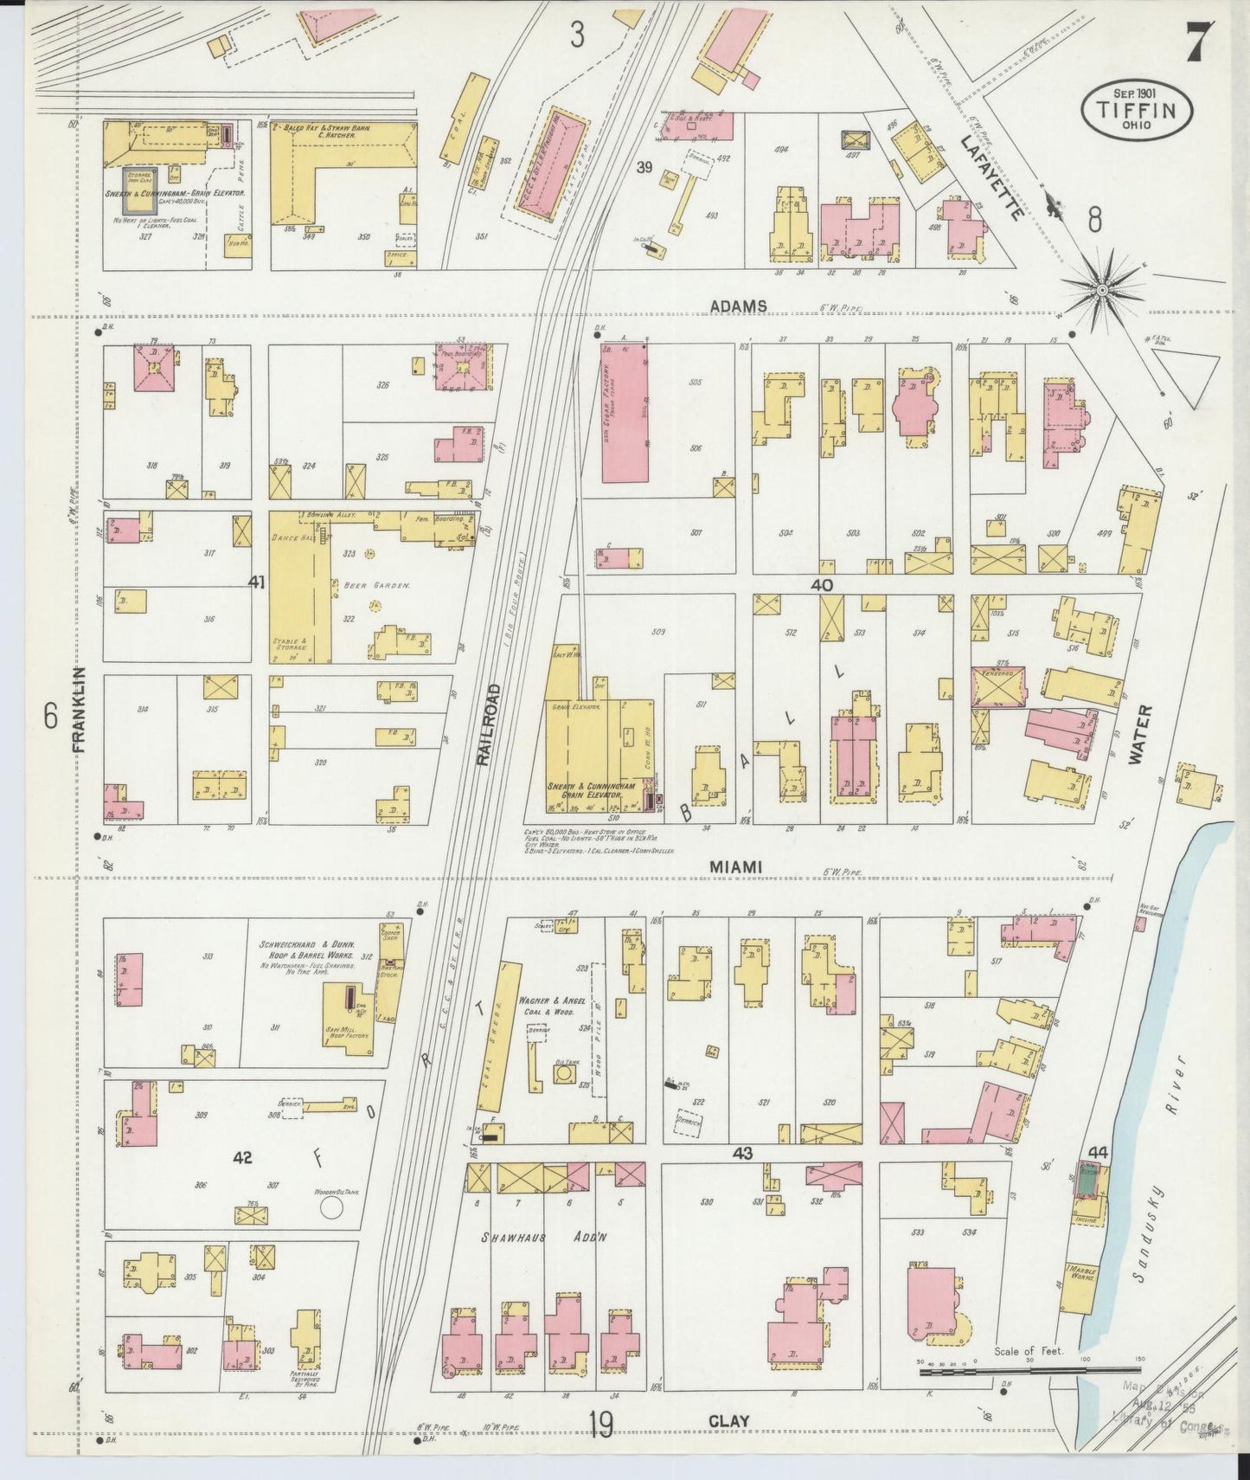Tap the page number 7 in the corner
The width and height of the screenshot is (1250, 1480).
[x=1198, y=39]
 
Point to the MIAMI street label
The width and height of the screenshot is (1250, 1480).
[x=734, y=866]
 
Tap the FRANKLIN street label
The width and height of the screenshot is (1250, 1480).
[x=79, y=714]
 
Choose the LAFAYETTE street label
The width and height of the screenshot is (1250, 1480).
[x=991, y=177]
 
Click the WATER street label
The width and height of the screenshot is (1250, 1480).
[x=1142, y=734]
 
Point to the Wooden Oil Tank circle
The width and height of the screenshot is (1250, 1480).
[x=330, y=1207]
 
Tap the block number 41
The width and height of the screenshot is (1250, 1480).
[x=256, y=582]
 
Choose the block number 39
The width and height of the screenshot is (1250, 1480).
[x=644, y=168]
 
